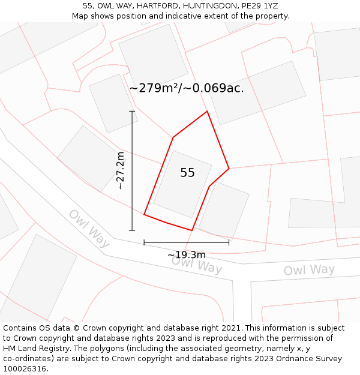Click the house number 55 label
[187, 173]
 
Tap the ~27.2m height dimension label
[120, 171]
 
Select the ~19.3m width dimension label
[186, 255]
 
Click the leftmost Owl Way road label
[89, 228]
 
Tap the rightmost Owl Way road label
[309, 270]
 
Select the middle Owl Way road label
[197, 265]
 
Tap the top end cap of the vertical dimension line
[132, 112]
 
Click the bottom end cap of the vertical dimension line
[132, 230]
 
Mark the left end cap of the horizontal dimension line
[144, 242]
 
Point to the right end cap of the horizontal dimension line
[229, 242]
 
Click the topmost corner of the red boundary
[207, 112]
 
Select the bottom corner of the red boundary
[191, 230]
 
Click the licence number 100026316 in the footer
[24, 368]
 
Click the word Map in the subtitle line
[81, 16]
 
